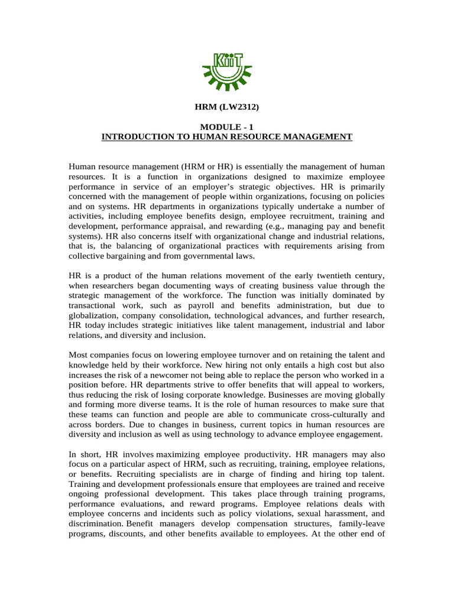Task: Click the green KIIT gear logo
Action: (x=226, y=69)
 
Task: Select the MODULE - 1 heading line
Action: (x=226, y=127)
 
